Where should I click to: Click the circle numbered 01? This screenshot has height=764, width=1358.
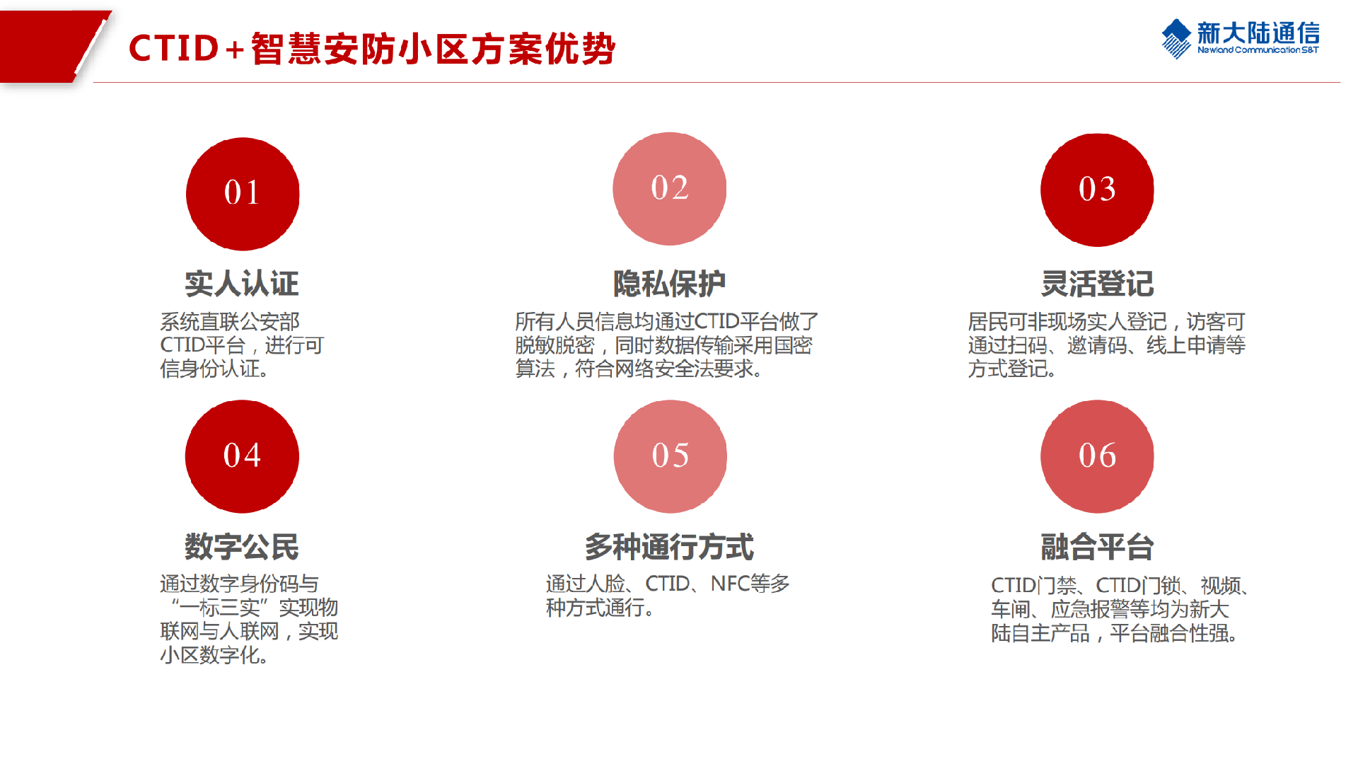pyautogui.click(x=243, y=194)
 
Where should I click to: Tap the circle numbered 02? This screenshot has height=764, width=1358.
pyautogui.click(x=669, y=189)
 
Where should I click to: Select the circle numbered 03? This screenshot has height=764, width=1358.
pyautogui.click(x=1097, y=190)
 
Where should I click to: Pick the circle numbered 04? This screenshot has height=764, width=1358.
pyautogui.click(x=242, y=456)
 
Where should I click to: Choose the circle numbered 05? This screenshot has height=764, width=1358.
pyautogui.click(x=670, y=456)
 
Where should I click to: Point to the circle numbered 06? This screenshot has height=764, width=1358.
pyautogui.click(x=1097, y=456)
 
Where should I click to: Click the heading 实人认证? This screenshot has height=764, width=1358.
pyautogui.click(x=242, y=284)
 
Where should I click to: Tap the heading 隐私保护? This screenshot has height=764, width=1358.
pyautogui.click(x=669, y=284)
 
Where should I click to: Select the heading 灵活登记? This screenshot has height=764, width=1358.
pyautogui.click(x=1097, y=284)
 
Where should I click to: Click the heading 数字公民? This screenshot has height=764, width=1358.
pyautogui.click(x=242, y=546)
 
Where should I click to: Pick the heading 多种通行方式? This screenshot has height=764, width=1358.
pyautogui.click(x=669, y=546)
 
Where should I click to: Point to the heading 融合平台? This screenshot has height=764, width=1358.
pyautogui.click(x=1097, y=546)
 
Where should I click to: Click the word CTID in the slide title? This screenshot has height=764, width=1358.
pyautogui.click(x=174, y=49)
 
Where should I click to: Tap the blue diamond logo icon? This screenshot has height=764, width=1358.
pyautogui.click(x=1176, y=38)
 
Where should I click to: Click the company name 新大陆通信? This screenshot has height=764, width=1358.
pyautogui.click(x=1258, y=33)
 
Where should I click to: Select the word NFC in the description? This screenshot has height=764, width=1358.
pyautogui.click(x=729, y=584)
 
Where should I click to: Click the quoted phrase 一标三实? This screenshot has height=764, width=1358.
pyautogui.click(x=219, y=608)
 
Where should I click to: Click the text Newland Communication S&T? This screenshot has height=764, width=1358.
pyautogui.click(x=1258, y=50)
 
